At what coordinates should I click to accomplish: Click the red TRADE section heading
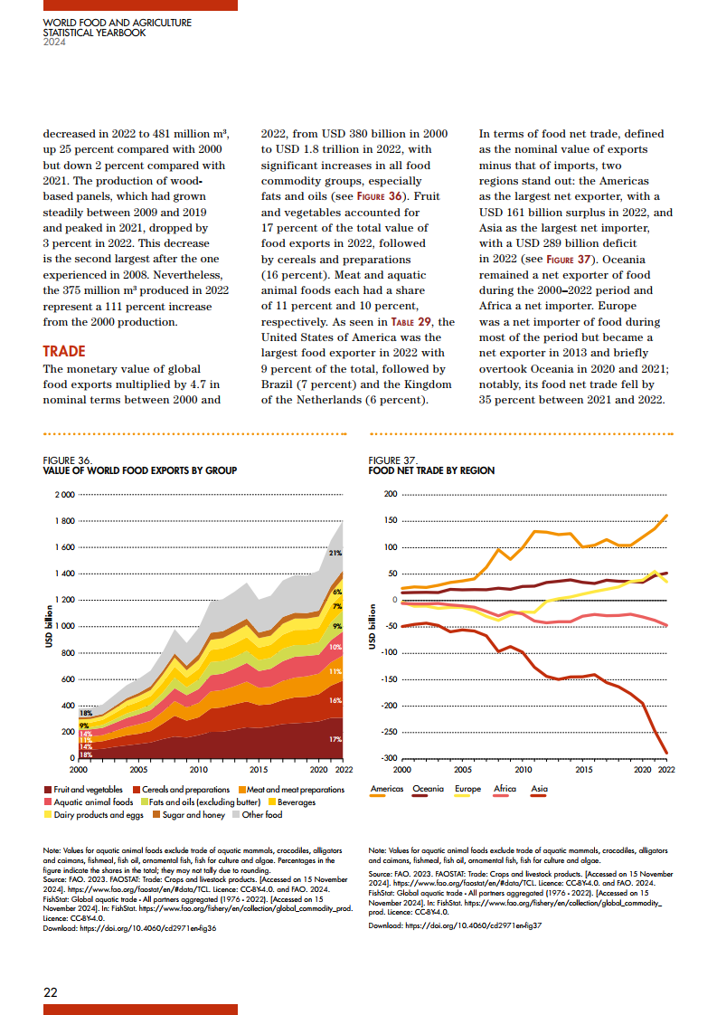coord(64,351)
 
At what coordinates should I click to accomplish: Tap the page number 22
coord(51,991)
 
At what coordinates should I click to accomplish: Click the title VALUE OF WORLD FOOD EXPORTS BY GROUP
coord(140,470)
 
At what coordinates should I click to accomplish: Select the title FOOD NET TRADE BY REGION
coord(431,470)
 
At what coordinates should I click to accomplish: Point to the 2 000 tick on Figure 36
coord(64,495)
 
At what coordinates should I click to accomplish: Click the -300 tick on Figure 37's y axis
coord(389,758)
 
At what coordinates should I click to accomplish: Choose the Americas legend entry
coord(388,789)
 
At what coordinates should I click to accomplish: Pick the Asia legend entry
coord(540,789)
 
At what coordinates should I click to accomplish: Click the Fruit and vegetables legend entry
coord(87,790)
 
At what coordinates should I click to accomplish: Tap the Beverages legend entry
coord(294,802)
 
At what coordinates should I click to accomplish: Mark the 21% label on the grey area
coord(335,553)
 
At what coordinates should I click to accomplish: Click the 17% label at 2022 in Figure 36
coord(335,739)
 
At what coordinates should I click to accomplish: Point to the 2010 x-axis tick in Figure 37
coord(523,770)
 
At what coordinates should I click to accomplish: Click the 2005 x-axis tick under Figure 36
coord(138,770)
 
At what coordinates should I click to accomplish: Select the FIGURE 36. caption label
coord(67,460)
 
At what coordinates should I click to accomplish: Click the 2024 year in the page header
coord(55,42)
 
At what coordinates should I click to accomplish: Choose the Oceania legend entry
coord(429,789)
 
